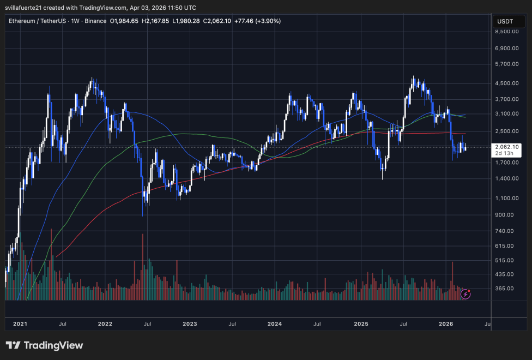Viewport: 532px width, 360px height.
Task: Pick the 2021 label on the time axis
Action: pos(20,324)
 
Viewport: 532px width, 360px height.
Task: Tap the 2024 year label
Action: pos(274,324)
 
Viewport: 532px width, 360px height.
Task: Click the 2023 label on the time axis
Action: pos(190,324)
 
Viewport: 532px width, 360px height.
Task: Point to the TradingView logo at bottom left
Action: pos(45,345)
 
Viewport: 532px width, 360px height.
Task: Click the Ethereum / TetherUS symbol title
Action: pos(41,21)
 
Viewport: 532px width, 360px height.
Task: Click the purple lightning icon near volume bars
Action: pos(465,294)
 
